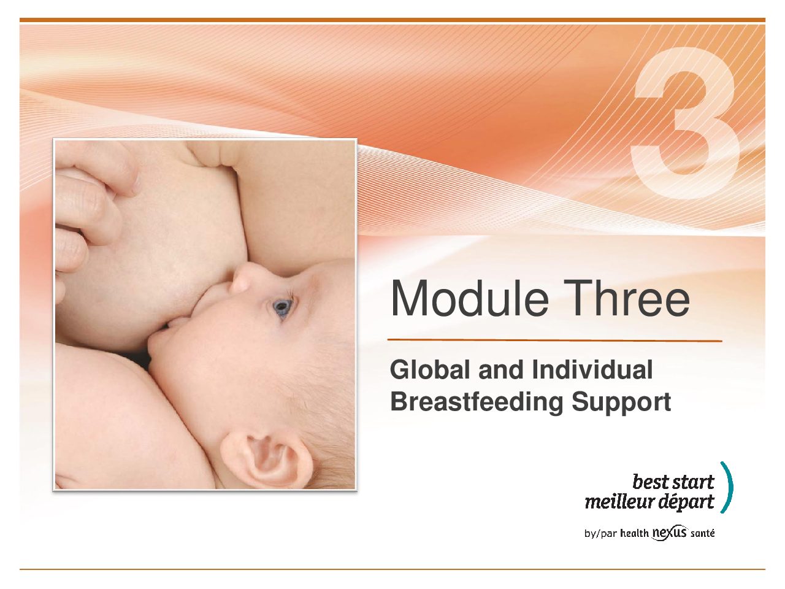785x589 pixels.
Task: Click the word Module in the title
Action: pos(470,298)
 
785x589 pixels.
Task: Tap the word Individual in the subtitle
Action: pos(592,370)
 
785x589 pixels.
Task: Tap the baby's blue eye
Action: pos(282,307)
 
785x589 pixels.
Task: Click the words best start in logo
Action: pos(673,482)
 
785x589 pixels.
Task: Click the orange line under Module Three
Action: pos(554,340)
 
